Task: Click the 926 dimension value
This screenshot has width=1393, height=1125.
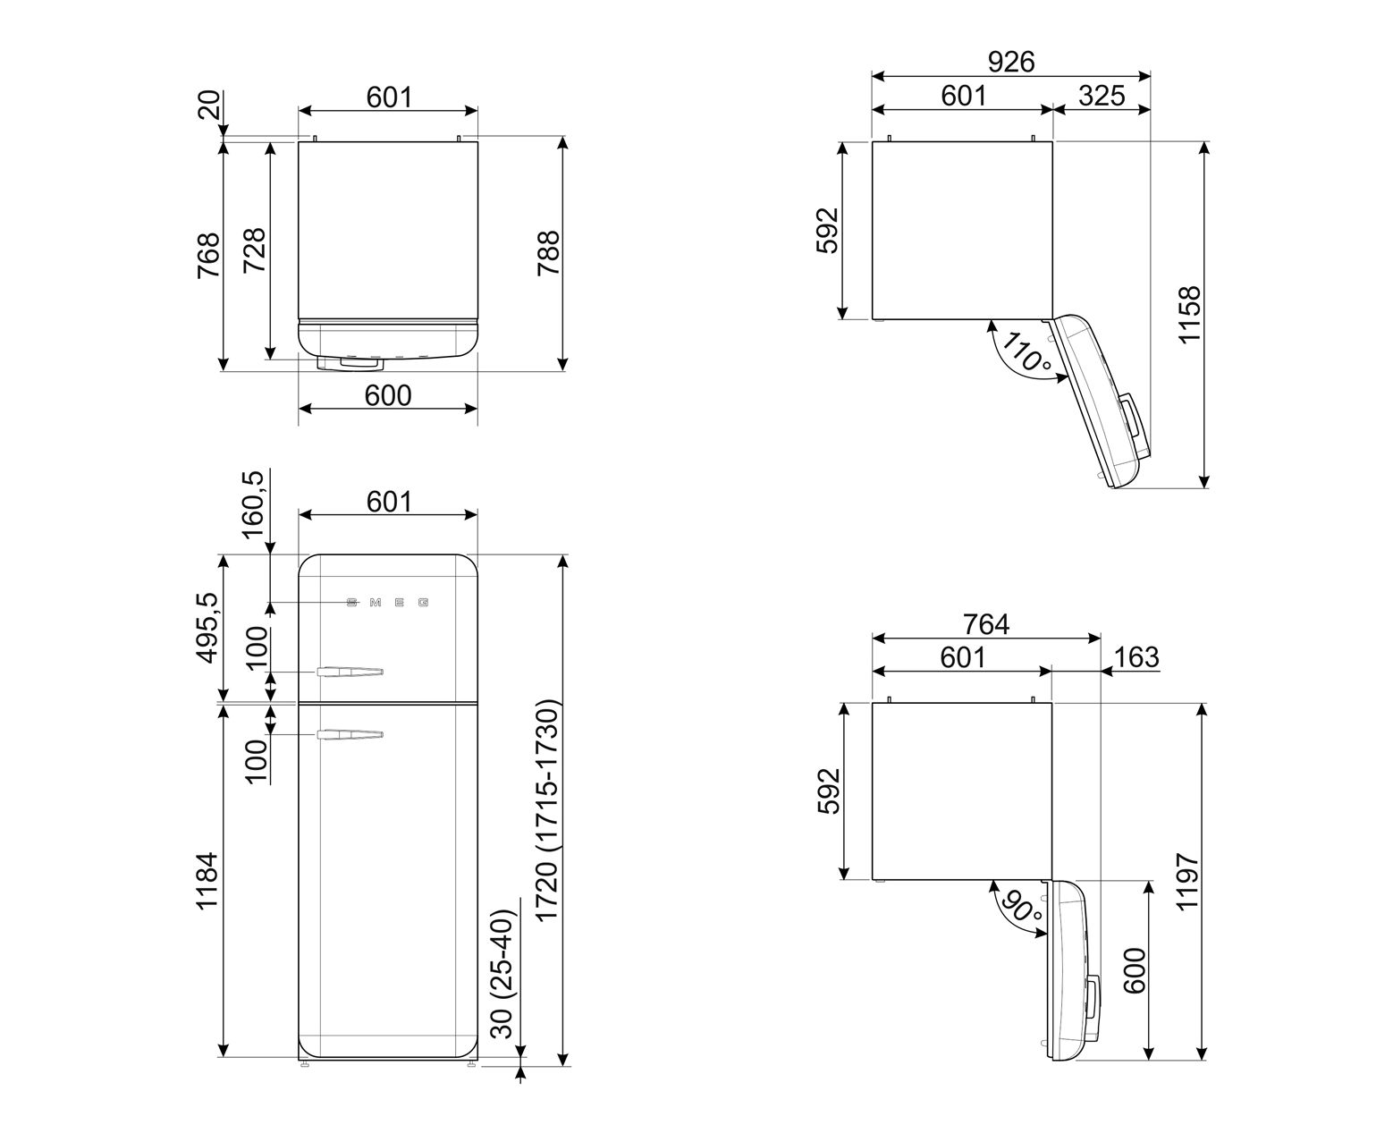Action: [1010, 62]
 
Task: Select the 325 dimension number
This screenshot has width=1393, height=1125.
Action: [1102, 97]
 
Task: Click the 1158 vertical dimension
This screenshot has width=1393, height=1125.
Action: [1190, 314]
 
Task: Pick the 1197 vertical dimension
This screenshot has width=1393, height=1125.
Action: [1187, 881]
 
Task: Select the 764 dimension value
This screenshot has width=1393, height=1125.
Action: [985, 624]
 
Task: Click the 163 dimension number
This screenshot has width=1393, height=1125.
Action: [1136, 656]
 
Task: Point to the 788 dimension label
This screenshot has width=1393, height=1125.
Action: [549, 253]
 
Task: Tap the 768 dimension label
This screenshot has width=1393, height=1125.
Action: [208, 256]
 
